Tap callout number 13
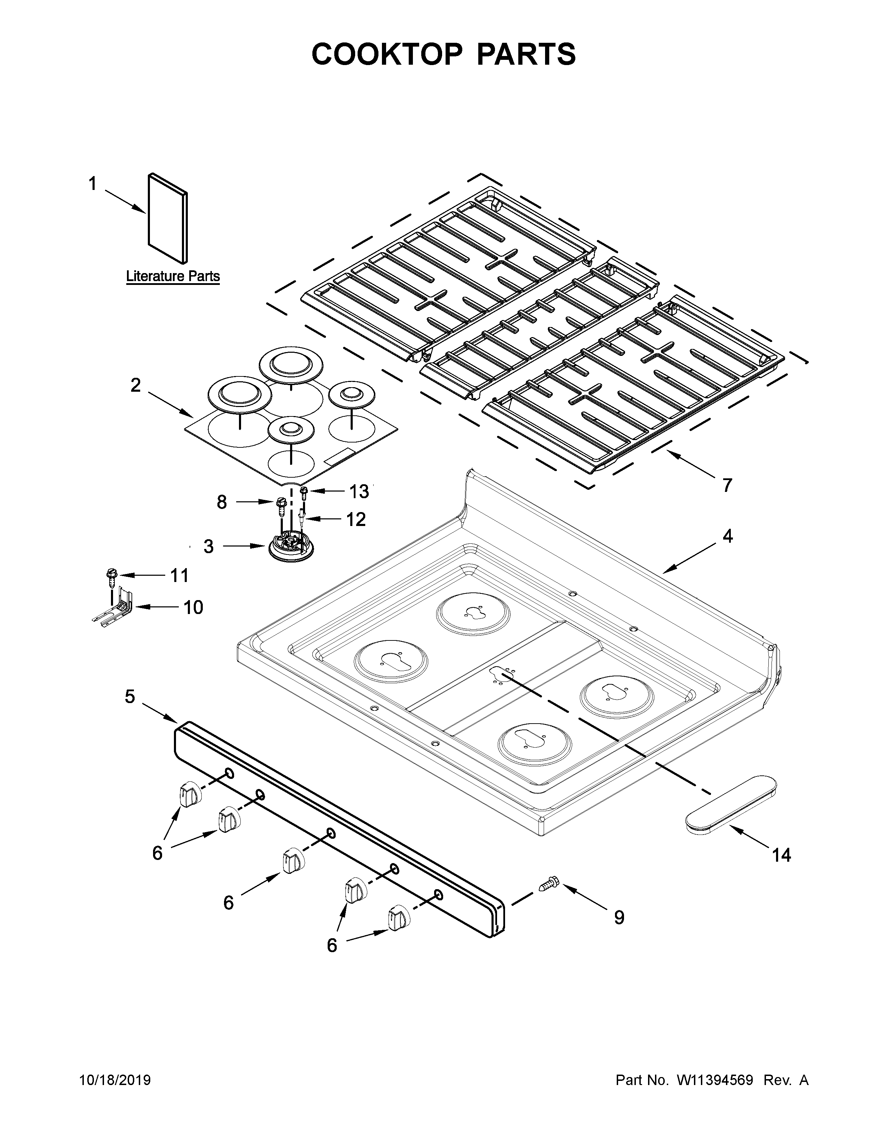[359, 492]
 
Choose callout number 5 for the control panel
[130, 697]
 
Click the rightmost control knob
[398, 917]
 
